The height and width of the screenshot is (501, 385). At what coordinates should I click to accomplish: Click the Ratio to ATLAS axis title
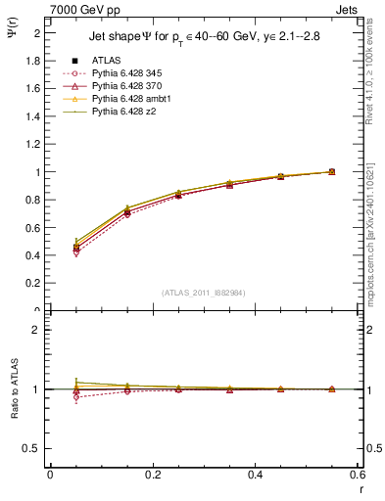(x=15, y=388)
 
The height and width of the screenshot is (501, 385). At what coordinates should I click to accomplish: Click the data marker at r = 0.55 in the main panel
(x=332, y=172)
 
